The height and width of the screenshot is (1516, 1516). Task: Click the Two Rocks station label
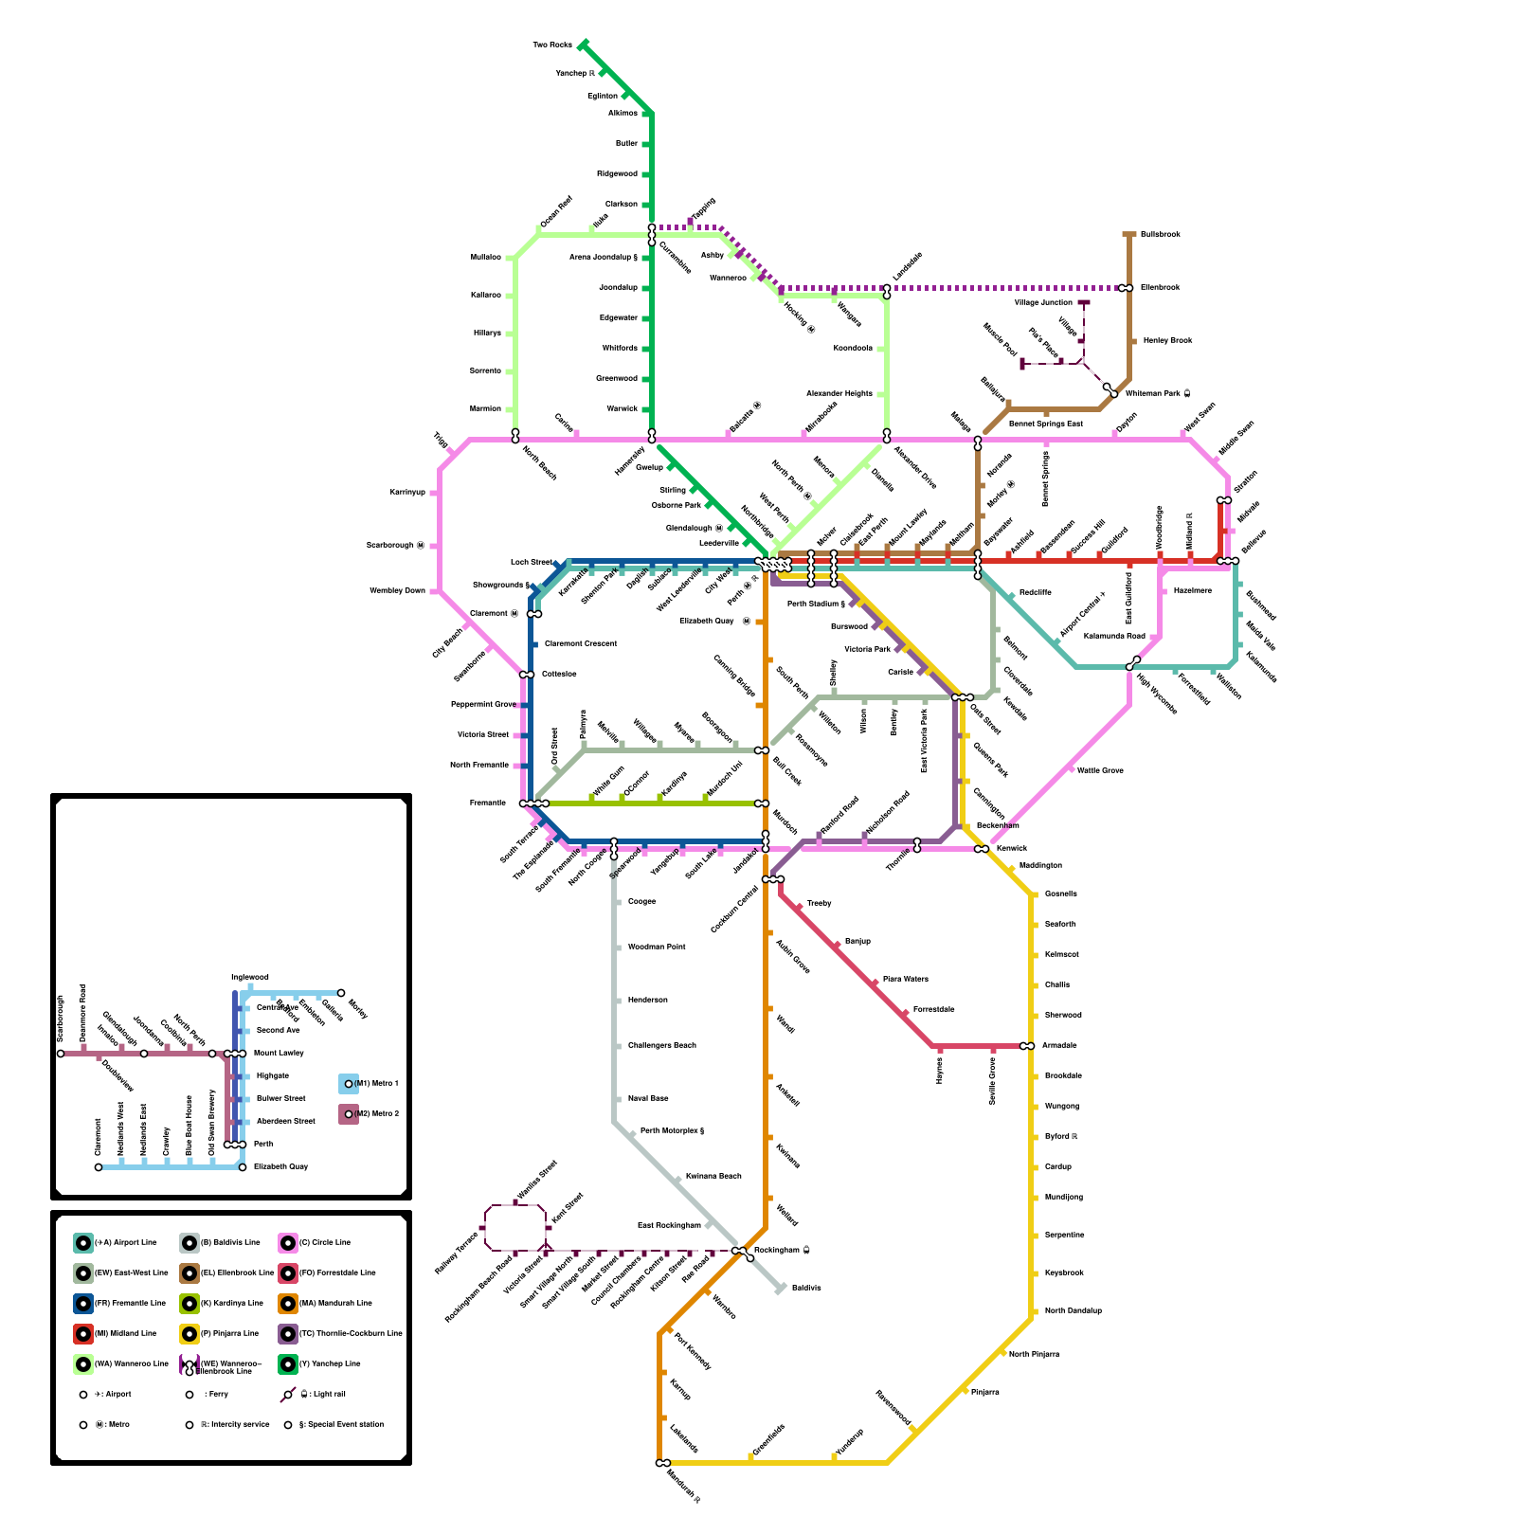[552, 45]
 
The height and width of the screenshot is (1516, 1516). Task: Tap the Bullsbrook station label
[1160, 234]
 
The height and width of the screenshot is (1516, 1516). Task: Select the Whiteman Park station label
[1153, 393]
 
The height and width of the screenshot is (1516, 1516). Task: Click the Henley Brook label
[1167, 340]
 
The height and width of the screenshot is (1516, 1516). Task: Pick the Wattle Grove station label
[1100, 770]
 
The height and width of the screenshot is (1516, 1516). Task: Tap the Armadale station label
[1060, 1045]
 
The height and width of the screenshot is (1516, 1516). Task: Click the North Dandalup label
[1073, 1310]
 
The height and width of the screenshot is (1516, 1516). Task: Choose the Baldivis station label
[806, 1288]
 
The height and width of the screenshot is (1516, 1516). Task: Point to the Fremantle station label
[487, 803]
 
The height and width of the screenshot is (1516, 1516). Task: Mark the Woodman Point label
[657, 947]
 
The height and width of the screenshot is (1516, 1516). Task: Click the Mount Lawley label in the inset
[279, 1053]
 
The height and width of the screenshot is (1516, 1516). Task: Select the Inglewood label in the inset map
[250, 977]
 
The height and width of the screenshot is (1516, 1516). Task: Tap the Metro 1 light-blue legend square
[349, 1083]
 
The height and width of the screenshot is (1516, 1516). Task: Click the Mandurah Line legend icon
[288, 1303]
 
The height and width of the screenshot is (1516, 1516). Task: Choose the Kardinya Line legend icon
[189, 1303]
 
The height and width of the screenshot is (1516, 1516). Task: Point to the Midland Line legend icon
[83, 1333]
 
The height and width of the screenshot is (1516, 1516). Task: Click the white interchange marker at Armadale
[1027, 1046]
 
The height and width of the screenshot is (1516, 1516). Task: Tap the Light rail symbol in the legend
[288, 1395]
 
